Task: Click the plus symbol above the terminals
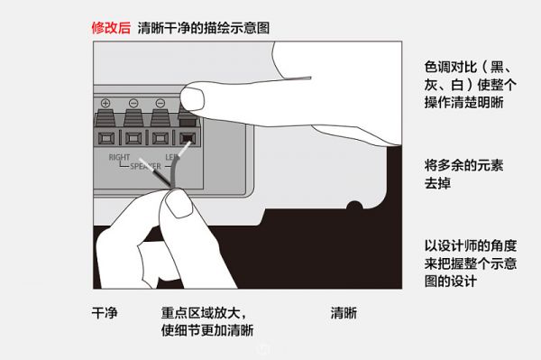[x=105, y=103]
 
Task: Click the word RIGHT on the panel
[x=119, y=157]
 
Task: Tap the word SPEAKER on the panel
[x=145, y=166]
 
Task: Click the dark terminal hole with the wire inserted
[x=188, y=138]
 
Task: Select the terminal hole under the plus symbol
[x=105, y=138]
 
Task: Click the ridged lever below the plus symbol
[x=105, y=118]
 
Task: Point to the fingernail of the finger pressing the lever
[x=192, y=99]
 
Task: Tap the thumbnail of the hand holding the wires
[x=178, y=205]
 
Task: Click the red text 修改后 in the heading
[x=111, y=28]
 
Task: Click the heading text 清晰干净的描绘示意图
[x=204, y=28]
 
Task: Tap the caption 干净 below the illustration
[x=105, y=313]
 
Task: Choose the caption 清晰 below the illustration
[x=344, y=313]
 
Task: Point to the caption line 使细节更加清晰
[x=207, y=330]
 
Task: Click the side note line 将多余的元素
[x=463, y=165]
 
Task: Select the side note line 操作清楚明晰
[x=463, y=102]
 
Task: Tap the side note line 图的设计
[x=451, y=281]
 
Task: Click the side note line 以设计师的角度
[x=471, y=245]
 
